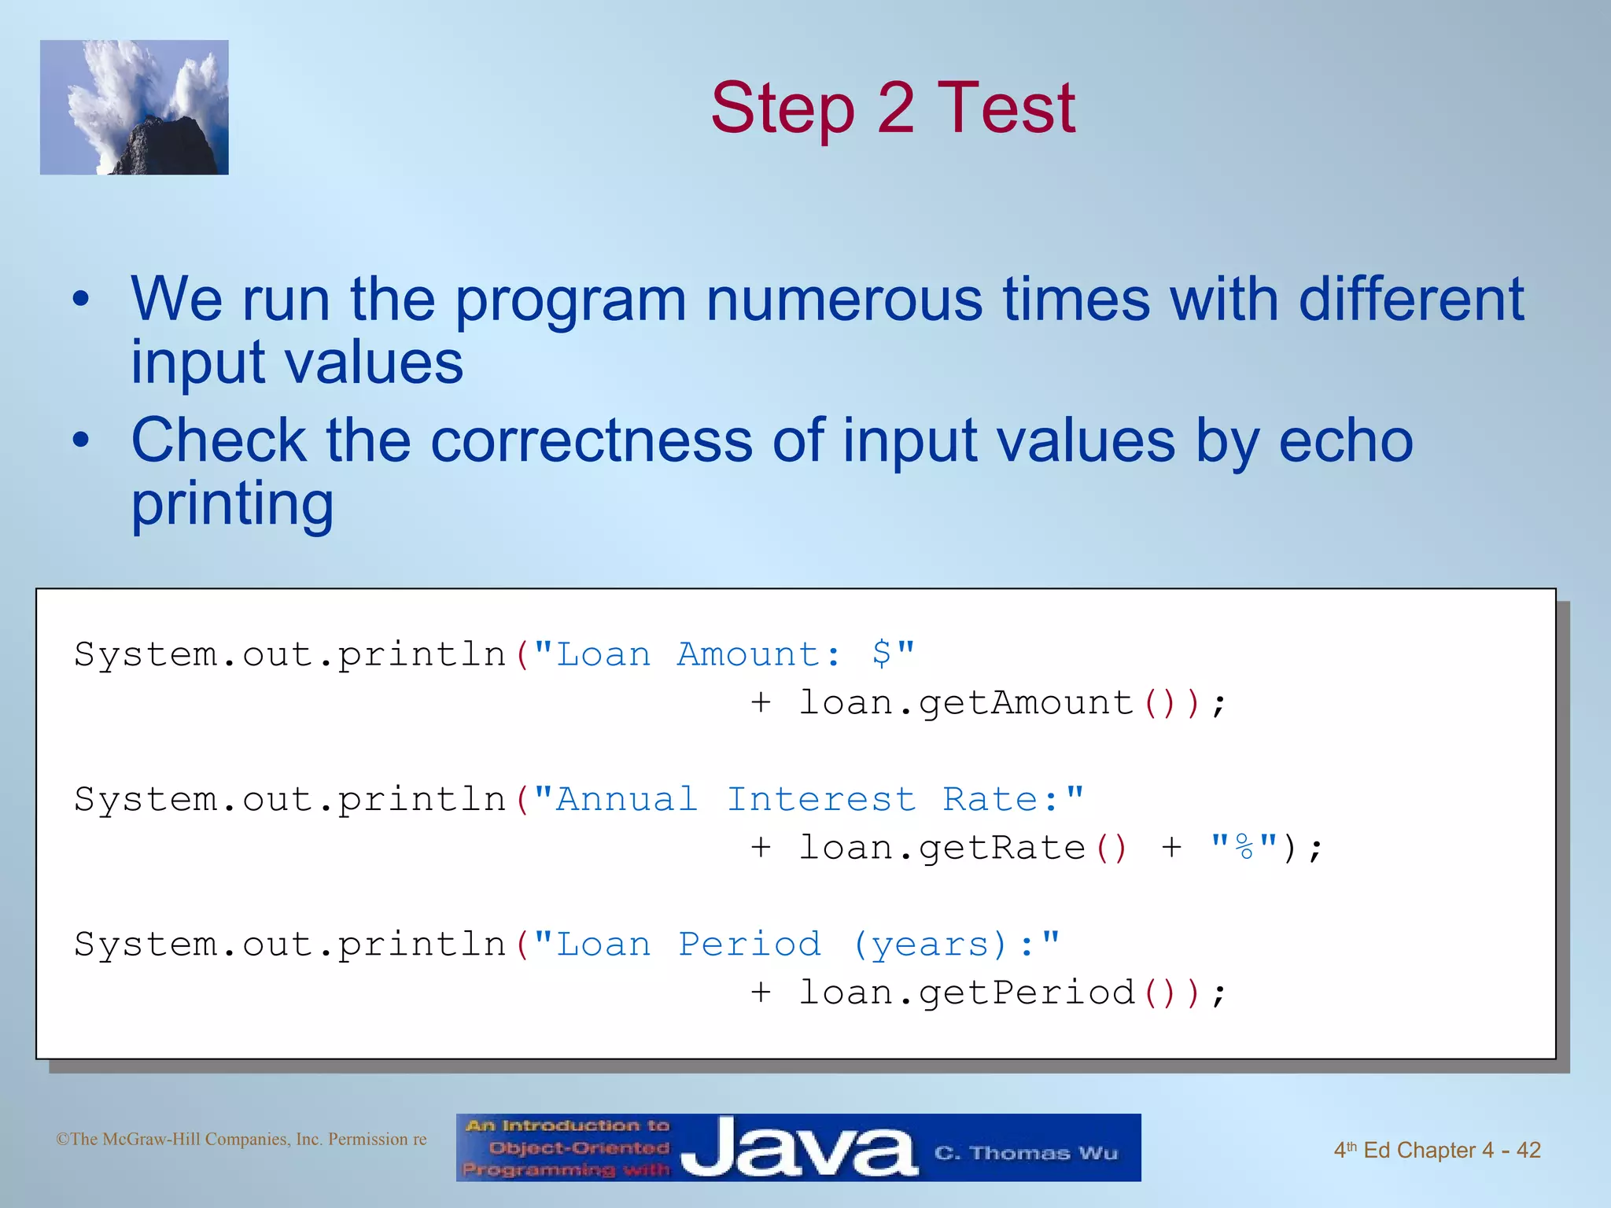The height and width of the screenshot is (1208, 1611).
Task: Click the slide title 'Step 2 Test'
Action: point(892,108)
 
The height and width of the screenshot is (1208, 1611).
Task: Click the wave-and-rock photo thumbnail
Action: point(135,108)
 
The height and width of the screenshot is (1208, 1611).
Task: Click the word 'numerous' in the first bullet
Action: point(844,300)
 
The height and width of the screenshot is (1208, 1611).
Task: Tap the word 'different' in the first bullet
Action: point(1410,300)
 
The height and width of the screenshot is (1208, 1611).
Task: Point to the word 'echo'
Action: point(1345,440)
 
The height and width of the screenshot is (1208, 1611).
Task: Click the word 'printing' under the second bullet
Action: point(232,503)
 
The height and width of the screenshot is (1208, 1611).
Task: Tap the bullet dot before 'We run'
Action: point(81,300)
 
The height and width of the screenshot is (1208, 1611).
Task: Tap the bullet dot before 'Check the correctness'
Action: point(81,440)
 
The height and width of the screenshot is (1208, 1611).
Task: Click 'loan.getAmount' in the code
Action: point(966,702)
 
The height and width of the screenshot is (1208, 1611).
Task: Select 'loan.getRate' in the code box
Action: point(942,848)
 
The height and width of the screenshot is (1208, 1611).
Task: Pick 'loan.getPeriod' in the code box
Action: point(966,993)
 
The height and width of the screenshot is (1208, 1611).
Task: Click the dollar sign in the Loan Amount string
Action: point(882,654)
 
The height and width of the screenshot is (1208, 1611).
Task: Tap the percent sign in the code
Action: point(1244,848)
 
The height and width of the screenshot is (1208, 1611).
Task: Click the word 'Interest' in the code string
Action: point(820,800)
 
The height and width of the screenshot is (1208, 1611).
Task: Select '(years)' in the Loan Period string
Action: point(930,945)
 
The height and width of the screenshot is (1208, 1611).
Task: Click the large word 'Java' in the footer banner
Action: point(798,1148)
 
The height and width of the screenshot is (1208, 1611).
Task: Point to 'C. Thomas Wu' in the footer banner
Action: point(1026,1153)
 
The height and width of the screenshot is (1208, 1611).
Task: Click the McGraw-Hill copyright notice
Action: point(241,1139)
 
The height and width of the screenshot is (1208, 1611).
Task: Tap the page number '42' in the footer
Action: point(1528,1150)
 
